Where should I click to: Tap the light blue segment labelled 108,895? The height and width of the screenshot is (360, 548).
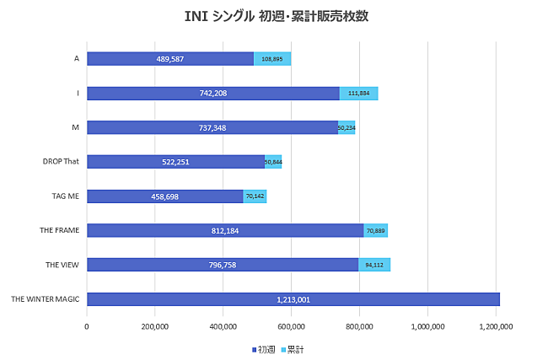click(272, 59)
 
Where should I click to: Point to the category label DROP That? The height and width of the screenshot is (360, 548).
click(61, 162)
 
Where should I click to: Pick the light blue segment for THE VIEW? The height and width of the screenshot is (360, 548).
click(374, 265)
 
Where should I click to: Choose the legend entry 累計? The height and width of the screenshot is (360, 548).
click(294, 348)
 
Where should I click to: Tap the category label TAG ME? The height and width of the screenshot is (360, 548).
click(64, 196)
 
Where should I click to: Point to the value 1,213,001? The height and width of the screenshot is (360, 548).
click(293, 299)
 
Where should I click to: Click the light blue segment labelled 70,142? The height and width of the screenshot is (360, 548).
click(255, 196)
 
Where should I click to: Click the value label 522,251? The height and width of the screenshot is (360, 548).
click(175, 162)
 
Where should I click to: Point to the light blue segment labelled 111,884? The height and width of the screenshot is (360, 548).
click(358, 94)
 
